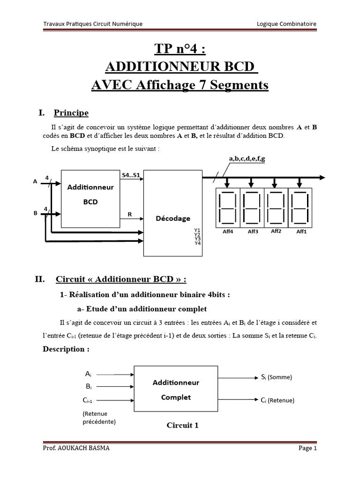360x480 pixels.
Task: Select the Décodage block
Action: (x=173, y=218)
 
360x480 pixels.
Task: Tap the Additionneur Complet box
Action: (x=176, y=390)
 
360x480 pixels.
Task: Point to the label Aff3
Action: (x=253, y=232)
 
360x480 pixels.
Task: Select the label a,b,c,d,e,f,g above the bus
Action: (x=247, y=159)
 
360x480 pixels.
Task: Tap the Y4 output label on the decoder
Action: (x=197, y=243)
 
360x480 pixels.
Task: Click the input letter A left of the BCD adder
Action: (x=35, y=182)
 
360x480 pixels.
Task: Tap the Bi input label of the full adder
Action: (x=88, y=386)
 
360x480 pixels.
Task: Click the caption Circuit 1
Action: (x=183, y=425)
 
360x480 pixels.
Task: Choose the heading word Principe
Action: (x=71, y=113)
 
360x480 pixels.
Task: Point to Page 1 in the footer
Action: (x=307, y=449)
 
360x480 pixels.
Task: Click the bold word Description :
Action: (x=66, y=349)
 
